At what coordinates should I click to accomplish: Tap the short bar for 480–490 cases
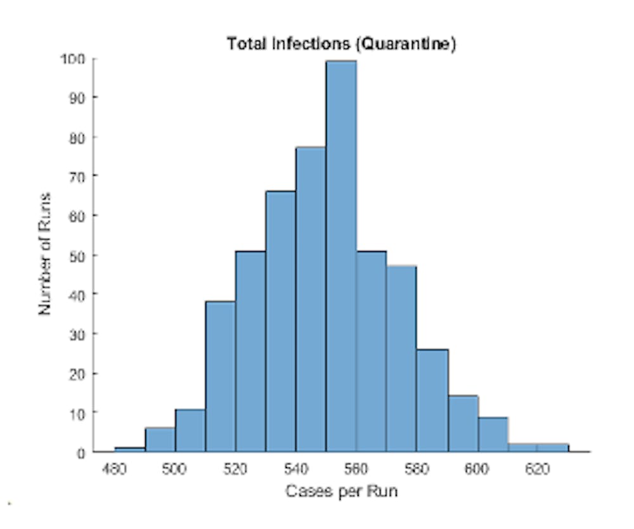click(129, 449)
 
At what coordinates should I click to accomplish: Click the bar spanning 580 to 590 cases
click(432, 400)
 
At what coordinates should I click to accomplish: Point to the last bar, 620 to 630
click(553, 447)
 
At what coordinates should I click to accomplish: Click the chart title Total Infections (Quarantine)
click(341, 44)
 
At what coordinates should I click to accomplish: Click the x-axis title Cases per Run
click(341, 491)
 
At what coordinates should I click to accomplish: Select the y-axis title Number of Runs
click(45, 253)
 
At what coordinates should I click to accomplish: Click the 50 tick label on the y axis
click(76, 255)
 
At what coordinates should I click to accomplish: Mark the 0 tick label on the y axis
click(81, 452)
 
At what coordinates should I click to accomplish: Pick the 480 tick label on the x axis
click(114, 469)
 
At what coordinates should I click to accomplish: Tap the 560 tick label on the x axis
click(356, 469)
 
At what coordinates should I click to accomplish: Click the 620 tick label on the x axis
click(537, 469)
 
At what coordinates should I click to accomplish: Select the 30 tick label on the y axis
click(76, 334)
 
